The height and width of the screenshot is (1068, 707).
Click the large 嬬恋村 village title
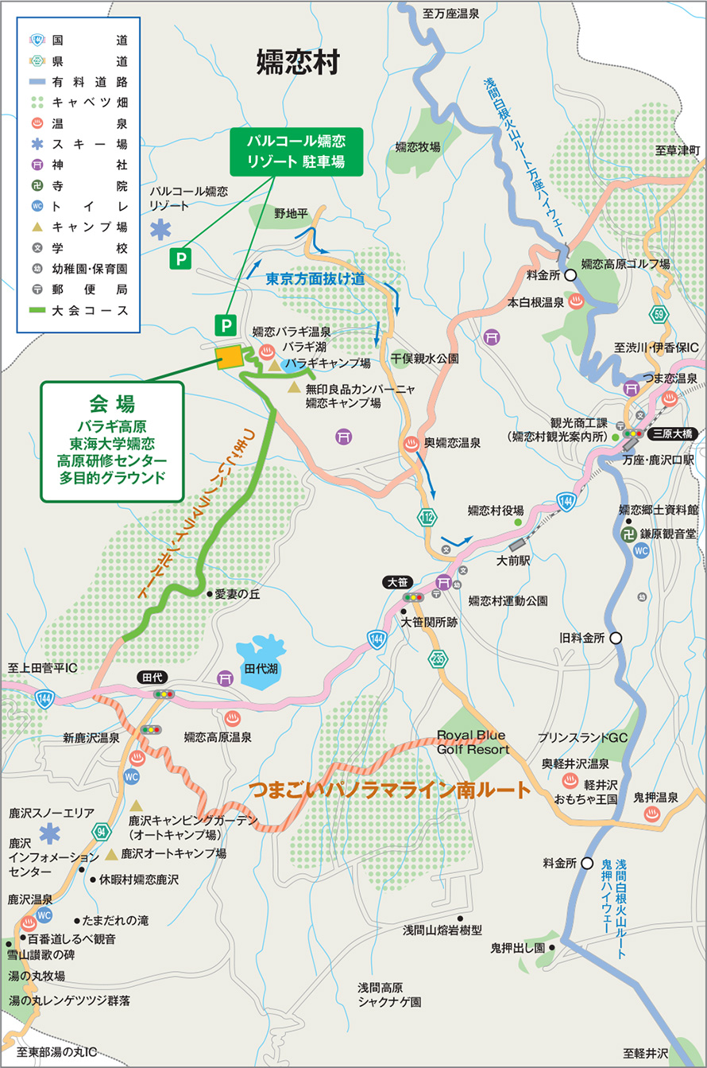coord(298,62)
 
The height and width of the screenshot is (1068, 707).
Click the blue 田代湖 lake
coord(261,658)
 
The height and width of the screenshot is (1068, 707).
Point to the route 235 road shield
coord(438,658)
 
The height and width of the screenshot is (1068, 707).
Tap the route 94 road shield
coord(100,830)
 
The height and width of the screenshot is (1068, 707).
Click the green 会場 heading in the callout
coord(111,399)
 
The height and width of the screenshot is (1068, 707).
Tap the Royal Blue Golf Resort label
coord(472,741)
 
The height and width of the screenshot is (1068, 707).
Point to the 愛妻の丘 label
coord(238,593)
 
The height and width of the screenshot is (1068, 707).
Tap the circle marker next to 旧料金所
coord(616,638)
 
